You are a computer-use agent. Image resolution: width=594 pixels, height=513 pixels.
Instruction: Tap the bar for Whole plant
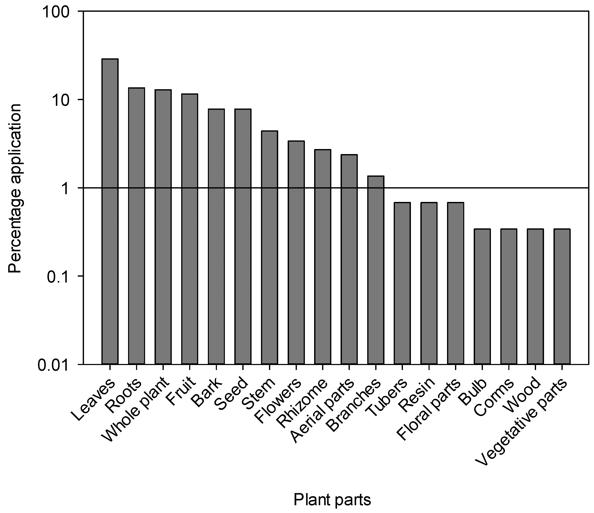point(163,227)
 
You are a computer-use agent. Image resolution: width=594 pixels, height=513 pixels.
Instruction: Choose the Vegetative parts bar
point(562,296)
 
